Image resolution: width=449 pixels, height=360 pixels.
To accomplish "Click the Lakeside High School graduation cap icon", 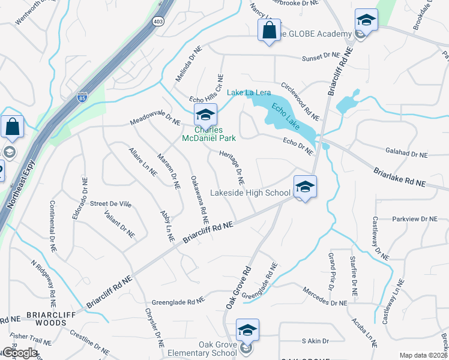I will (x=305, y=187).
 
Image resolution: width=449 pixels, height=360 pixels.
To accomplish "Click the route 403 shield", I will (x=158, y=21).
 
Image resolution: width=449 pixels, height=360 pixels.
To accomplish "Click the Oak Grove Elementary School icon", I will (x=247, y=331).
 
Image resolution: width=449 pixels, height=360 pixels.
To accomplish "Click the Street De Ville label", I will (x=110, y=204).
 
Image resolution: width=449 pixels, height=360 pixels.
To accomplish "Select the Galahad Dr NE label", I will (x=406, y=154).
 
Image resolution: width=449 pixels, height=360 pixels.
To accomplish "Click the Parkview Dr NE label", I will (x=414, y=220).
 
